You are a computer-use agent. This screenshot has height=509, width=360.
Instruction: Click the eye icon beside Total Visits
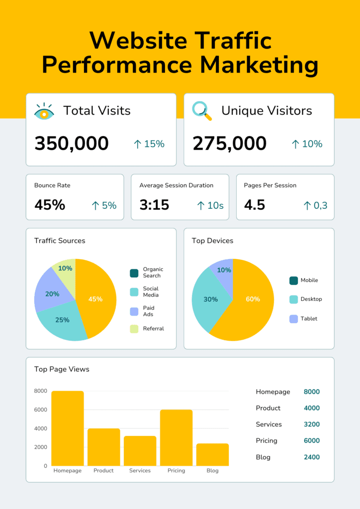[x=44, y=111]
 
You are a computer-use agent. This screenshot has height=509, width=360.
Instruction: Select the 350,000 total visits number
[x=71, y=144]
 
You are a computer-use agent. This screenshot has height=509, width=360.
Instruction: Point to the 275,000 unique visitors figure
[x=229, y=144]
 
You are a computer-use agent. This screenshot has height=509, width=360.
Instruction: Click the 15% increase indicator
[x=149, y=144]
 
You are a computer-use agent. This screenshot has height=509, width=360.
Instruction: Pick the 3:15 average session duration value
[x=154, y=205]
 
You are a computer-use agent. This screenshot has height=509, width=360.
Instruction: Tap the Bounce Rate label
[x=52, y=185]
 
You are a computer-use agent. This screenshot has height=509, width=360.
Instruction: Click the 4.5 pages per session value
[x=255, y=205]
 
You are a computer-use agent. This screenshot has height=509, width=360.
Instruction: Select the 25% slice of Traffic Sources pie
[x=62, y=321]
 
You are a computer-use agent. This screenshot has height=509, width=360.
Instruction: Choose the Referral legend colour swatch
[x=134, y=329]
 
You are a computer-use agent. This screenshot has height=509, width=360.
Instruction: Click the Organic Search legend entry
[x=152, y=272]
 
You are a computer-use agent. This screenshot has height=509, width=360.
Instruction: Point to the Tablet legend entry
[x=308, y=319]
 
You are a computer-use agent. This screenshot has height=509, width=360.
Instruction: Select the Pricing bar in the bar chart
[x=176, y=437]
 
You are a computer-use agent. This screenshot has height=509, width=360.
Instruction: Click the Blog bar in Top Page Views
[x=212, y=454]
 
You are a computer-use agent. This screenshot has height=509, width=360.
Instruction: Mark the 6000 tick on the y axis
[x=41, y=410]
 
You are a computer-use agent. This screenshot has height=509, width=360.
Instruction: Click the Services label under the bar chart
[x=140, y=471]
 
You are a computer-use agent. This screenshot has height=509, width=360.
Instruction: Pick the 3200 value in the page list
[x=312, y=424]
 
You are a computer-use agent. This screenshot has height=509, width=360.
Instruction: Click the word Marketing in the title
[x=259, y=65]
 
